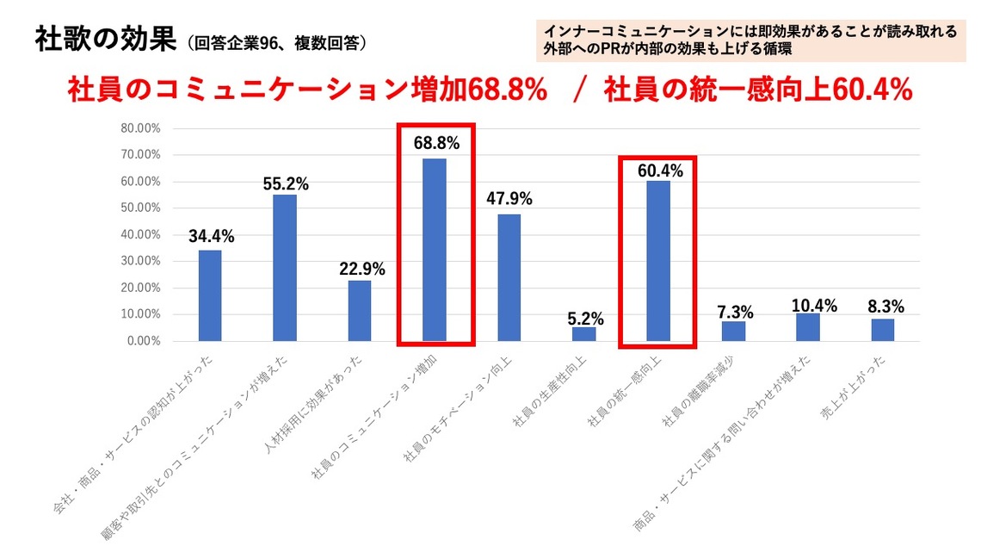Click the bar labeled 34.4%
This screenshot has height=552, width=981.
pyautogui.click(x=210, y=295)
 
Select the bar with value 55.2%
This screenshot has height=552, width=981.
pyautogui.click(x=285, y=268)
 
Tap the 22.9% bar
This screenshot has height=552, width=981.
pyautogui.click(x=360, y=311)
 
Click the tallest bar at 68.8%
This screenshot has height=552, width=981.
pyautogui.click(x=435, y=250)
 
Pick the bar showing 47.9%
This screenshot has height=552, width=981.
pyautogui.click(x=509, y=277)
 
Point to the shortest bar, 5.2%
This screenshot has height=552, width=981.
pyautogui.click(x=583, y=334)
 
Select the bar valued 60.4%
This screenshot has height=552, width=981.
pyautogui.click(x=658, y=261)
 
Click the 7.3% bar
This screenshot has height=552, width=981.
pyautogui.click(x=733, y=332)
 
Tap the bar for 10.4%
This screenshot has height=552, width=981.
pyautogui.click(x=808, y=327)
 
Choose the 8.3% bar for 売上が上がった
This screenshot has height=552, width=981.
pyautogui.click(x=883, y=330)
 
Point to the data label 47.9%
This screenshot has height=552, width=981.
pyautogui.click(x=509, y=199)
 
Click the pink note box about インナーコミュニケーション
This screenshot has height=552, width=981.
pyautogui.click(x=750, y=40)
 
